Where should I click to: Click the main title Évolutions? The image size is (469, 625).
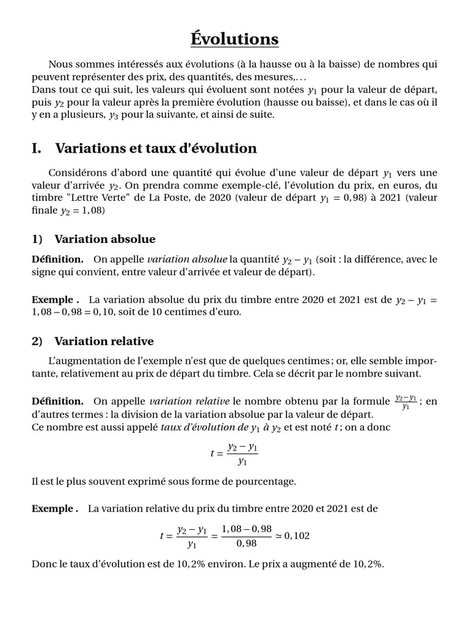coord(234,39)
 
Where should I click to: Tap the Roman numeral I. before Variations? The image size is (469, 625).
coord(38,148)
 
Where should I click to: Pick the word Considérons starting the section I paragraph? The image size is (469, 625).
coord(77,173)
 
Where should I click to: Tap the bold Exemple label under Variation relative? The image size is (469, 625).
coord(55,508)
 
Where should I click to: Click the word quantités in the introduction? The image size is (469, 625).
coord(212,77)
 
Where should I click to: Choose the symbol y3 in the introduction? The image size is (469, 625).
coord(113,115)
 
